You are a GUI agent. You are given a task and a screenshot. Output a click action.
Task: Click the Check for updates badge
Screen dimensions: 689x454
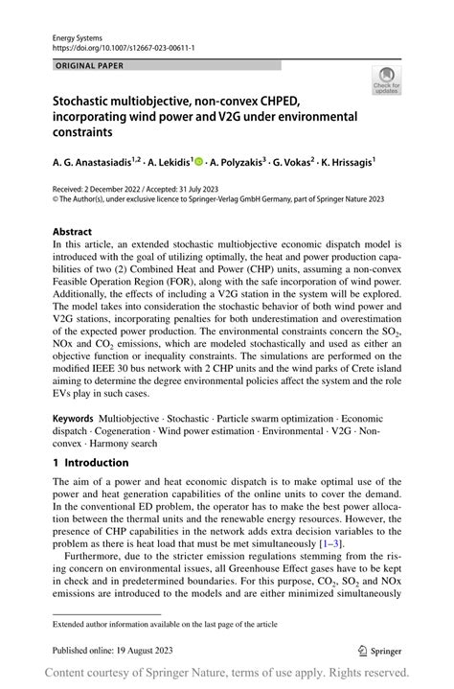point(387,80)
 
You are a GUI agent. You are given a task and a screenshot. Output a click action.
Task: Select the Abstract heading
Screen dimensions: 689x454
point(73,231)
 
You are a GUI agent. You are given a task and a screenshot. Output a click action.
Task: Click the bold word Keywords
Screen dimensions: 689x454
point(73,419)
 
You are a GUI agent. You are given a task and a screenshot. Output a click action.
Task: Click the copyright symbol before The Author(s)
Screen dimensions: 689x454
point(56,199)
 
